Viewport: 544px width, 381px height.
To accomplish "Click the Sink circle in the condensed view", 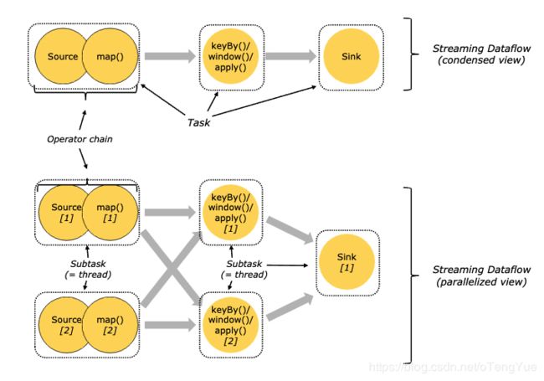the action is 352,56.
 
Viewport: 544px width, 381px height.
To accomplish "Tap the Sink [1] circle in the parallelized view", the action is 346,262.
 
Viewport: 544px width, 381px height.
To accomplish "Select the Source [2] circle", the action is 63,325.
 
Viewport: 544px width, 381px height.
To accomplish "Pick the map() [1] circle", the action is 110,213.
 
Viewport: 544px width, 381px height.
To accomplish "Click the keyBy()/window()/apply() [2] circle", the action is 230,325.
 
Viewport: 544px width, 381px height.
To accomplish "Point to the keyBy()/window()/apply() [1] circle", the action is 230,213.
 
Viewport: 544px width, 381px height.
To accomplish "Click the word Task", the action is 199,122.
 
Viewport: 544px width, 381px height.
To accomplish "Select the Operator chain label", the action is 80,139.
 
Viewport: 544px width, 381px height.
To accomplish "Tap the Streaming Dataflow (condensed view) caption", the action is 481,54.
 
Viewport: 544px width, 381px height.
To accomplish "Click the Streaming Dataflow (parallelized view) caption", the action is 481,275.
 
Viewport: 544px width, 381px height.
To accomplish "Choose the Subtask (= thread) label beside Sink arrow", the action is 244,270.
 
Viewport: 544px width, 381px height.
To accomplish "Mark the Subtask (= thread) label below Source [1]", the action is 88,270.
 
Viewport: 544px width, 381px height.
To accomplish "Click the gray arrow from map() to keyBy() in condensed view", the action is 170,56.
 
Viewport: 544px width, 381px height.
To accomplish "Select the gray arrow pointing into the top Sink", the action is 290,56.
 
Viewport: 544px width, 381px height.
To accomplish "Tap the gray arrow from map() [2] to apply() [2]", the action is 170,325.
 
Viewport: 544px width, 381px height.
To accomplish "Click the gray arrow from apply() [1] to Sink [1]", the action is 290,229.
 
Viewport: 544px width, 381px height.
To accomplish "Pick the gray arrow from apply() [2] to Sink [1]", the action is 290,306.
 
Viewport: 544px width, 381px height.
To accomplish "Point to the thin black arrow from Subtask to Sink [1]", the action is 287,265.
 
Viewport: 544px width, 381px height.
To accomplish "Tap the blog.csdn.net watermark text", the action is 453,367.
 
